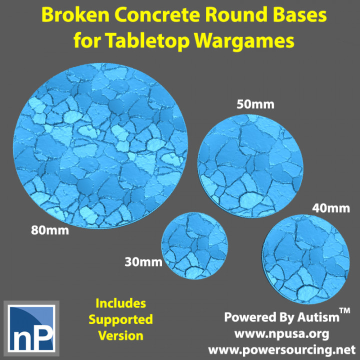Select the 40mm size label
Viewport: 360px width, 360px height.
[330, 207]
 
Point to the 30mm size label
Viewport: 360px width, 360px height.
[144, 261]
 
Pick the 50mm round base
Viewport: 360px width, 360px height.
[248, 160]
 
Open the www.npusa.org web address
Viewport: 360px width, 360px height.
[283, 333]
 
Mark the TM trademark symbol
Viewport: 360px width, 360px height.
[344, 312]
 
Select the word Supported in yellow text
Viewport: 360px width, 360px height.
[121, 319]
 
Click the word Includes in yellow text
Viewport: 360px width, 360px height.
[121, 303]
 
